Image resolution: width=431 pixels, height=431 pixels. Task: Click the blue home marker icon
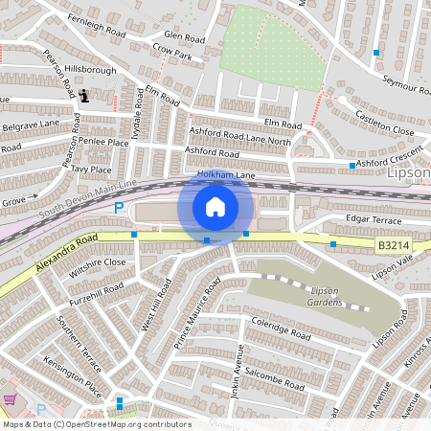(215, 207)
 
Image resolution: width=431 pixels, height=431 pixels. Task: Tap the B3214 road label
(390, 245)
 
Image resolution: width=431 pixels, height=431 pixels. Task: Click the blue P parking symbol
(119, 208)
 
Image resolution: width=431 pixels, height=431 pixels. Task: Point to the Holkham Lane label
(226, 175)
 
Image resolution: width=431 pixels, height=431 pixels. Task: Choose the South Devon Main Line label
(88, 193)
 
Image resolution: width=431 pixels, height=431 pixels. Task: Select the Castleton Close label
(384, 123)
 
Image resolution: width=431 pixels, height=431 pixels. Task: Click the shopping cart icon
(11, 400)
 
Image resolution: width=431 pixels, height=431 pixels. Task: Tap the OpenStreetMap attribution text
(97, 424)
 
